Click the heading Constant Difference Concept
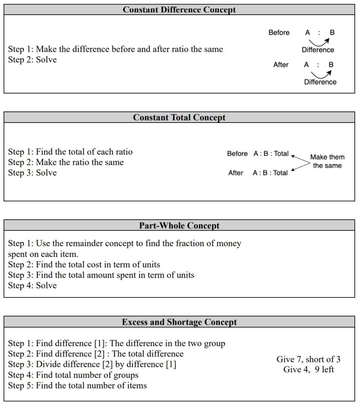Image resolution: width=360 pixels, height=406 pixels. [179, 10]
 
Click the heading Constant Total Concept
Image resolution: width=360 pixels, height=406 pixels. [179, 117]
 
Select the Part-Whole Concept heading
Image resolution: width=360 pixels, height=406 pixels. [179, 226]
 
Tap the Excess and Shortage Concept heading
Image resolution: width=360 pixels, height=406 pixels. [179, 322]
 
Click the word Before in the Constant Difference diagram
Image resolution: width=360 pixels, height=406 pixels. [279, 33]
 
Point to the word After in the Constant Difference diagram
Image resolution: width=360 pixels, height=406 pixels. [281, 65]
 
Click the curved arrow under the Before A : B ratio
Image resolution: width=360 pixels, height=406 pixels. [320, 41]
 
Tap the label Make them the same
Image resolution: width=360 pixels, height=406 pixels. [327, 161]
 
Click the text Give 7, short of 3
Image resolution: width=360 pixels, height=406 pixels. [308, 360]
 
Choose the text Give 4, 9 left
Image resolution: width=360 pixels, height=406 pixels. [308, 370]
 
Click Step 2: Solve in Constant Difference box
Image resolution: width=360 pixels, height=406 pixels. [33, 60]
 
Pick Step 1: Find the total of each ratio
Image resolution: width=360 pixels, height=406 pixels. [70, 152]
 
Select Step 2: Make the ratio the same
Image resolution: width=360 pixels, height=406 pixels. [66, 162]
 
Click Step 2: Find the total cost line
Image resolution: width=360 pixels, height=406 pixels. [84, 264]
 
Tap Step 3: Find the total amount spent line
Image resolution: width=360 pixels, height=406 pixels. [101, 275]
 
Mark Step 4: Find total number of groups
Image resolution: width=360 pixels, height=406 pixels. [73, 375]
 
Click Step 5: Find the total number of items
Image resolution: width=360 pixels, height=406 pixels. [77, 385]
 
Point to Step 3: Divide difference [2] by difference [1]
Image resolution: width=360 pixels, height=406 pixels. [92, 364]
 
